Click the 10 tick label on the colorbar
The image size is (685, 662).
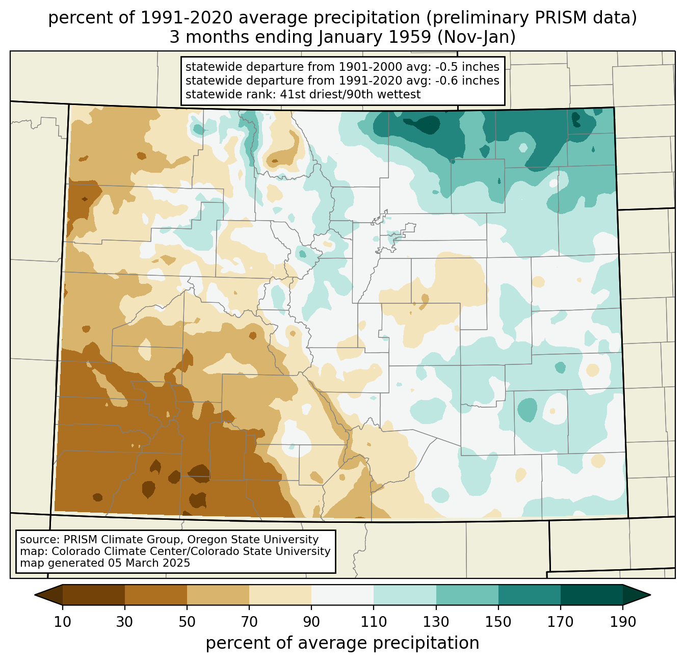pos(62,622)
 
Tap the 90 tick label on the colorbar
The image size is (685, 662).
pos(311,622)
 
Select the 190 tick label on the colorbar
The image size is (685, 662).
pos(623,622)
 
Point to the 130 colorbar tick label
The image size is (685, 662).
pos(436,622)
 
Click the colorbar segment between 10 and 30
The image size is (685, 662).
pos(94,595)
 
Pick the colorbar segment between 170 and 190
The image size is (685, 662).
pos(591,595)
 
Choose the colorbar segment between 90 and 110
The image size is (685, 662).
pos(342,595)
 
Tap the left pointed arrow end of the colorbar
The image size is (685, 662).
pos(48,595)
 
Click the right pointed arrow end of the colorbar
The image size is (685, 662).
pos(637,595)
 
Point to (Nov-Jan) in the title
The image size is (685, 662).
pos(476,37)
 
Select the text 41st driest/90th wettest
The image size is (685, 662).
pos(350,94)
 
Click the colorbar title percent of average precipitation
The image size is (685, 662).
pos(342,643)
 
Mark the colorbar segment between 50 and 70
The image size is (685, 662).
pos(218,595)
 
